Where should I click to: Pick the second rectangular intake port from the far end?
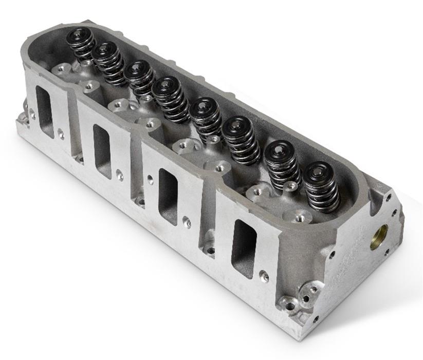102,151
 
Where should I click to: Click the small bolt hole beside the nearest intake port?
264,276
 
